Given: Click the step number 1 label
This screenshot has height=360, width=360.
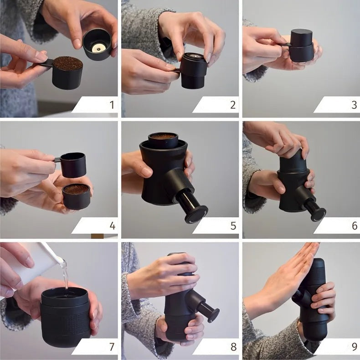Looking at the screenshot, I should coord(112,105).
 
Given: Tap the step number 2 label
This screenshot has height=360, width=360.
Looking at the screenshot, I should coord(233,105).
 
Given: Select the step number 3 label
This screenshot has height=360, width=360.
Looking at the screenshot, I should coord(354,105).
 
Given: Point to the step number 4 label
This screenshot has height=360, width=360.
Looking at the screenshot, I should coord(112,226).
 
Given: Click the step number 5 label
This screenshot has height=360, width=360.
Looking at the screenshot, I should coord(233,226).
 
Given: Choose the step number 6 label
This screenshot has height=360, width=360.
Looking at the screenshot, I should coord(354,226).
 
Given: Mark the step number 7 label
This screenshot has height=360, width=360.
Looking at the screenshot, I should coord(112,346).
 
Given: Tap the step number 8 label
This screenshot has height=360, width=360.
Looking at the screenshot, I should coord(233,346).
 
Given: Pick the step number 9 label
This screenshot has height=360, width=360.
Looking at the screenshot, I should coord(354,346).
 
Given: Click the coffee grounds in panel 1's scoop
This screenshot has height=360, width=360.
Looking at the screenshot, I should coord(68,63).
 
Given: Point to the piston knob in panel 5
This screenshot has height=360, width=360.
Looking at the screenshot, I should coord(196,214).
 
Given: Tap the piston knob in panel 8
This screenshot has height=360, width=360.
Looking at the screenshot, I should coord(212,315).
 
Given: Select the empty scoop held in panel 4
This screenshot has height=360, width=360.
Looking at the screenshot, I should coord(73,165).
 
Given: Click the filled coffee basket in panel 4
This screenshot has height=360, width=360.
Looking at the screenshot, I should coord(76,195).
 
